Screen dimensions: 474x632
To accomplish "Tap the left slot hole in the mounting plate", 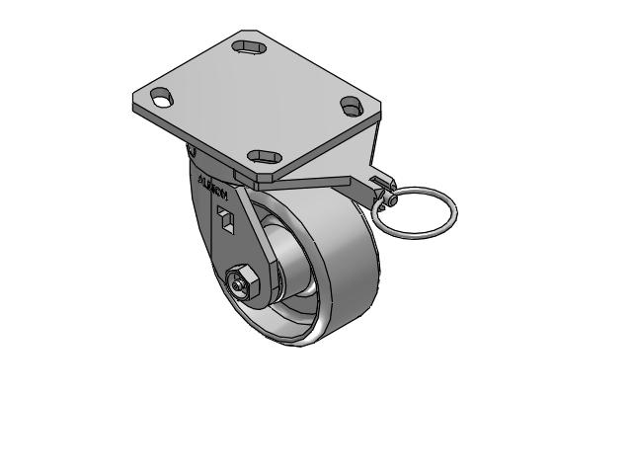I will pyautogui.click(x=161, y=97).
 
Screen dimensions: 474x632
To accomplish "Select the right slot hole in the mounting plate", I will pyautogui.click(x=351, y=104).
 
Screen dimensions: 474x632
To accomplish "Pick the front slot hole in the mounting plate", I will pyautogui.click(x=263, y=156).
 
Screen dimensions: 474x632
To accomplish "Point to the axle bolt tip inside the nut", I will pyautogui.click(x=239, y=285).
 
